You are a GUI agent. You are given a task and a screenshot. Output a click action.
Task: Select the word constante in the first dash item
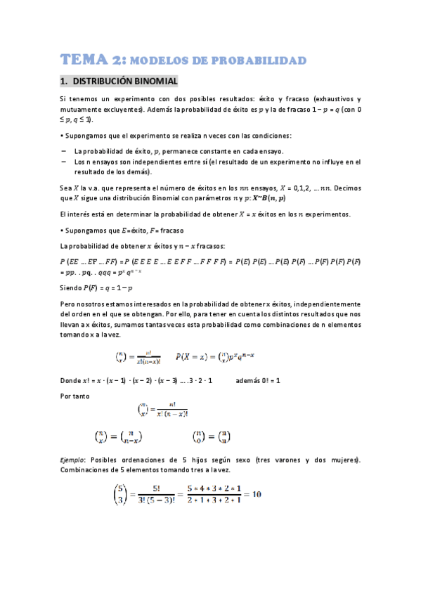(223, 151)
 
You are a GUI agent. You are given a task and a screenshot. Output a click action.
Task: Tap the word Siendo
(72, 288)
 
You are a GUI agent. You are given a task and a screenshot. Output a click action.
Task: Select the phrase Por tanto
(76, 396)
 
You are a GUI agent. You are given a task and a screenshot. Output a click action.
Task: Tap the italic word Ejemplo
(75, 460)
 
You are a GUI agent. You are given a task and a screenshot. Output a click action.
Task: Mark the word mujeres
(342, 460)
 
